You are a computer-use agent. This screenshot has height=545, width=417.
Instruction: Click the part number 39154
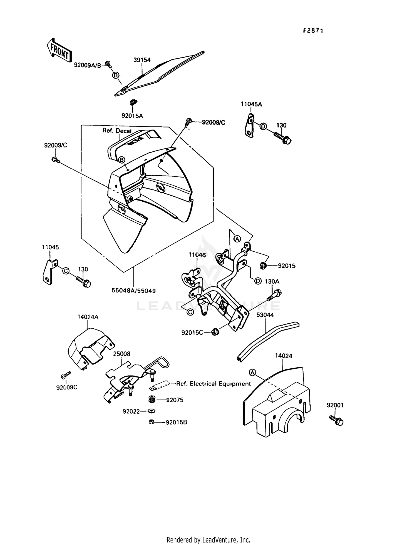pyautogui.click(x=142, y=60)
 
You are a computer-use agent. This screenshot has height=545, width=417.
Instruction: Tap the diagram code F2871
pyautogui.click(x=313, y=31)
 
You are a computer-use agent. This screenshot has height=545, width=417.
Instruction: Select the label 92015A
pyautogui.click(x=132, y=116)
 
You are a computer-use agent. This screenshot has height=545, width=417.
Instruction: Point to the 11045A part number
pyautogui.click(x=251, y=104)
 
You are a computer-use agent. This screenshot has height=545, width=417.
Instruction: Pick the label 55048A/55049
pyautogui.click(x=133, y=291)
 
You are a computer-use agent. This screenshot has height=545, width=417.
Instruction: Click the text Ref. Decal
pyautogui.click(x=117, y=131)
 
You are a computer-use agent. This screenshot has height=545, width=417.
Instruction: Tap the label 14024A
pyautogui.click(x=88, y=317)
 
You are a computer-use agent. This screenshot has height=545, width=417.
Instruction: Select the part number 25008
pyautogui.click(x=121, y=354)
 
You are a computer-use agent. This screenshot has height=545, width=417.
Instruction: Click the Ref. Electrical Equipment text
pyautogui.click(x=214, y=384)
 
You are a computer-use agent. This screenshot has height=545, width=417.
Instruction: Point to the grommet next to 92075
pyautogui.click(x=152, y=400)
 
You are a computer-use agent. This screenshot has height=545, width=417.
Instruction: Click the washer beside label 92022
pyautogui.click(x=152, y=411)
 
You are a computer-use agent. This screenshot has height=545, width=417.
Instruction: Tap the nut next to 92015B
pyautogui.click(x=152, y=422)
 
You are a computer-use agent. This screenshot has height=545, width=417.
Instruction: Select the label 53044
pyautogui.click(x=265, y=315)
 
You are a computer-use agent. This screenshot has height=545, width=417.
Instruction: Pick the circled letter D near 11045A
pyautogui.click(x=263, y=126)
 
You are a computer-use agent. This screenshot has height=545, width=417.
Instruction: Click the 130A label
pyautogui.click(x=272, y=281)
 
